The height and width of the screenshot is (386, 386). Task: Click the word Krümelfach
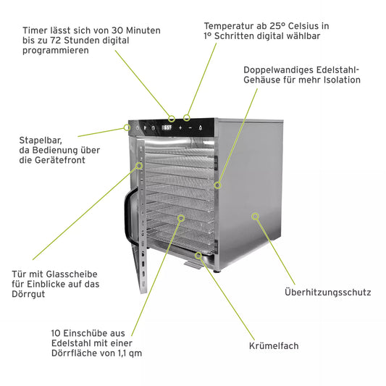274,345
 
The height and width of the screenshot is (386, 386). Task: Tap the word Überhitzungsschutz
327,292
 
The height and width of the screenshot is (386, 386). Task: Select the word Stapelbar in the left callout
41,140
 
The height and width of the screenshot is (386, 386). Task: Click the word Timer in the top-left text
35,30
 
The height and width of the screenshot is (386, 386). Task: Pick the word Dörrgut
28,294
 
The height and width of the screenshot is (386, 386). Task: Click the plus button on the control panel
180,127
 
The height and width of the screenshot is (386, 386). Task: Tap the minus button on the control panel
190,127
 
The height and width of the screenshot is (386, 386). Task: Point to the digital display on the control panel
167,127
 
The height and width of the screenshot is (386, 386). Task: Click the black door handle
129,215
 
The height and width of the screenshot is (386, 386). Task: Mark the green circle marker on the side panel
256,217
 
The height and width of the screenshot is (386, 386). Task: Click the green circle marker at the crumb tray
198,256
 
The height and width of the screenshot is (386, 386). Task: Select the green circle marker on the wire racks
181,218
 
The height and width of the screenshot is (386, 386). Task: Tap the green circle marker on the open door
139,165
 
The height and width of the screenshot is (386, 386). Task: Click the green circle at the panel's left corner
127,127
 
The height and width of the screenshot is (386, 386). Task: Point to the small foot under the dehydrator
217,272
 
